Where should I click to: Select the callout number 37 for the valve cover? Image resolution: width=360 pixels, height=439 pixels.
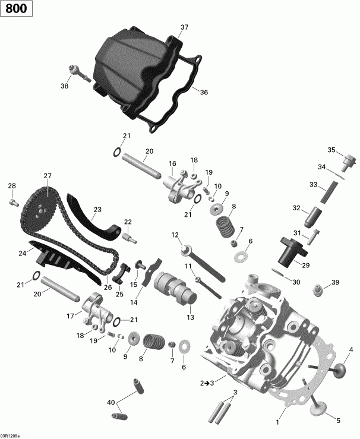pos(184,27)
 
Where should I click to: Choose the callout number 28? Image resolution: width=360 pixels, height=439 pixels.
pos(11,187)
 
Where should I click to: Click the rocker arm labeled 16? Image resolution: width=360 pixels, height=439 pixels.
pos(180,182)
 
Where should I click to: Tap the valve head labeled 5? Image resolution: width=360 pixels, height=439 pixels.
pos(321,409)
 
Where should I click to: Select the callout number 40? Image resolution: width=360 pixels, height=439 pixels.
pos(110,403)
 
